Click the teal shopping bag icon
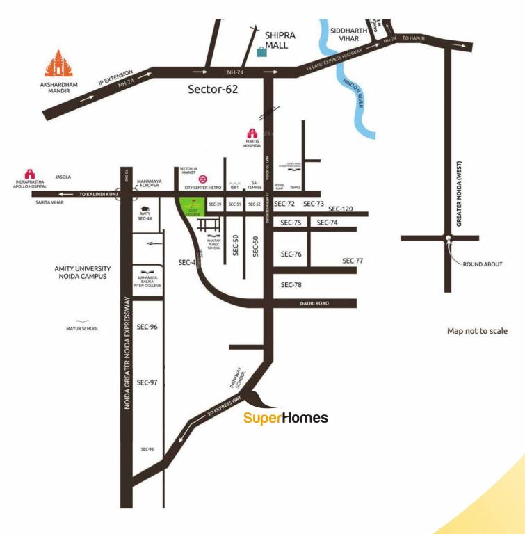(261, 51)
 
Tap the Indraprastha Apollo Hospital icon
(30, 173)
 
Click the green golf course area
(190, 207)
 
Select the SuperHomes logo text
(285, 418)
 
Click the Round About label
(482, 264)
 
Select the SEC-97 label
(147, 382)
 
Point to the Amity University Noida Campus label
(83, 273)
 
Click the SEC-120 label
(341, 209)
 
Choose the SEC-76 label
(291, 254)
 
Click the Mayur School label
(83, 328)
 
